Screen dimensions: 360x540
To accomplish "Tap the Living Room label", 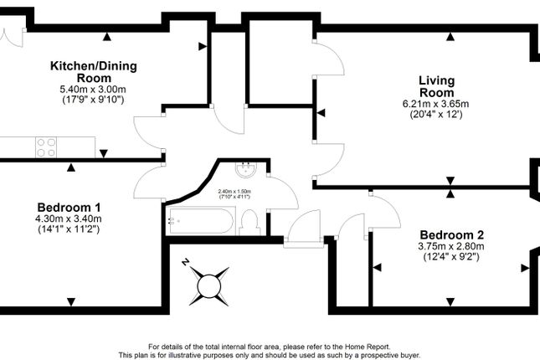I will [x=436, y=86].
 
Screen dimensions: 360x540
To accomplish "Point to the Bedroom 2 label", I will [x=451, y=234].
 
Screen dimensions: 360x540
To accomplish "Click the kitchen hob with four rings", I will [x=45, y=147].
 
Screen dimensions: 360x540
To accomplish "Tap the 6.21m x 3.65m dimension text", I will [x=436, y=104].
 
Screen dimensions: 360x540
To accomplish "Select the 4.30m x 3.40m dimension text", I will [x=69, y=219].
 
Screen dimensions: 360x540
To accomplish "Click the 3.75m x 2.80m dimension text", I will [x=452, y=247].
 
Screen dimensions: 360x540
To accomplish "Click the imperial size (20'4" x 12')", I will [x=436, y=114].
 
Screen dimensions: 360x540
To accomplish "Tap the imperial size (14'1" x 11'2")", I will [x=69, y=229].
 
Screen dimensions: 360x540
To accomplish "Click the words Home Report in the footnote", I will [x=368, y=347].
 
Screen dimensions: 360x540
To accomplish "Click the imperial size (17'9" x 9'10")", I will [x=92, y=100].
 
